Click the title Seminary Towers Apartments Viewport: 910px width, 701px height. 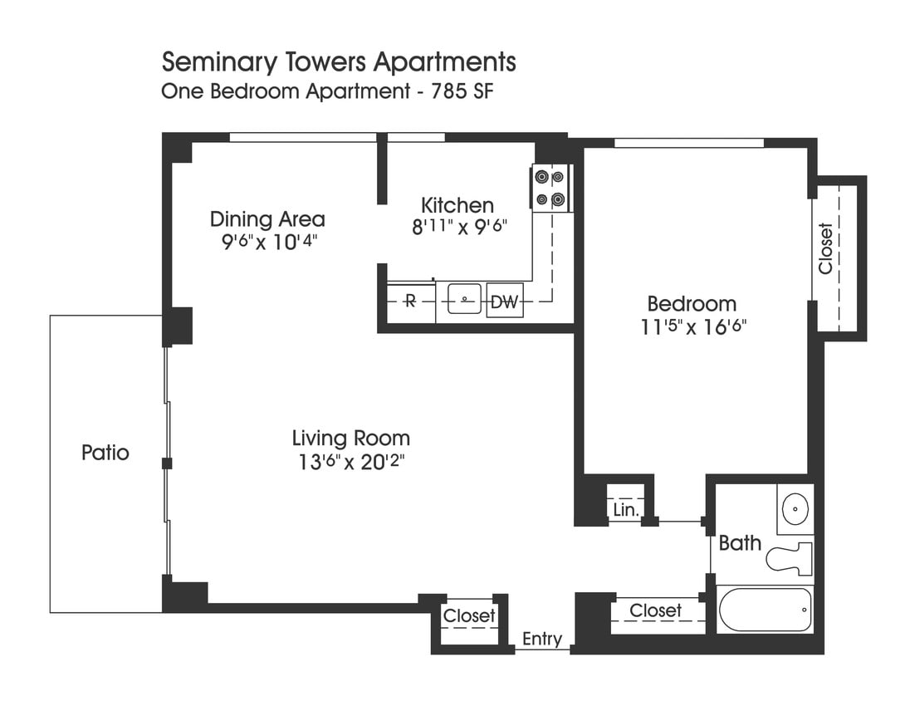click(x=339, y=62)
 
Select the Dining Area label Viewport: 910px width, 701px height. click(x=267, y=219)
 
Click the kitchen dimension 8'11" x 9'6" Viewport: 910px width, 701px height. click(x=459, y=227)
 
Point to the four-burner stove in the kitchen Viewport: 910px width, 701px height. click(x=550, y=188)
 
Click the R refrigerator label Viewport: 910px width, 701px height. click(x=409, y=301)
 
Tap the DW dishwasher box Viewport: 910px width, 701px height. click(x=504, y=302)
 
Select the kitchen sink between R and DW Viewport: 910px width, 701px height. click(x=465, y=299)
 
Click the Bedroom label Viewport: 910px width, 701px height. click(x=691, y=304)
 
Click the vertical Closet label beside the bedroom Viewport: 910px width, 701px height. click(x=825, y=248)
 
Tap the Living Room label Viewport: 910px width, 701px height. click(x=350, y=438)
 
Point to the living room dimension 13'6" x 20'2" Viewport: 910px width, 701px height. click(x=350, y=462)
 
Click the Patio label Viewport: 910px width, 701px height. click(x=105, y=453)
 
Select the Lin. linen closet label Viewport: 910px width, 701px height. click(x=625, y=509)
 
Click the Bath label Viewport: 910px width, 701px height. click(x=739, y=543)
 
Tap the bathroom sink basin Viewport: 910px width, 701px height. click(x=796, y=506)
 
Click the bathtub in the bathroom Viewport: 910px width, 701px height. click(x=764, y=610)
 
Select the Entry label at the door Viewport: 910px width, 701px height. click(x=541, y=639)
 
